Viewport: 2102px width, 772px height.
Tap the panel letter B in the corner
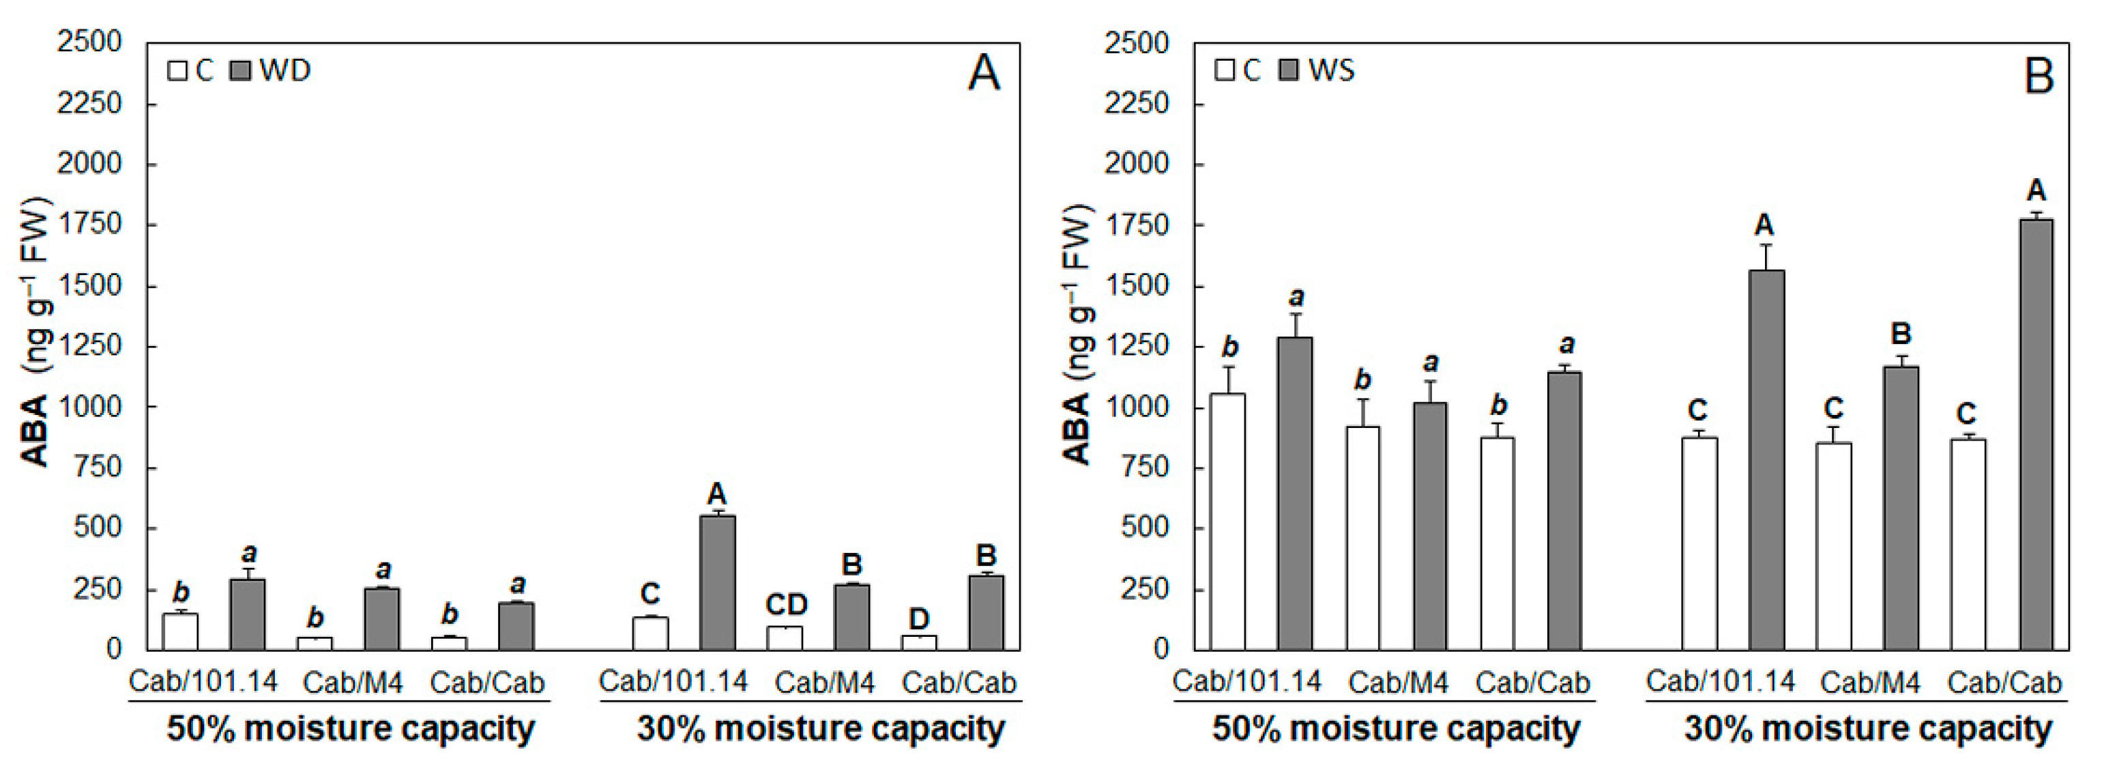tap(2039, 76)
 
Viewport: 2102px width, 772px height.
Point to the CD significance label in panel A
tap(786, 605)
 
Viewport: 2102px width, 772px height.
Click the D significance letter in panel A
tap(919, 618)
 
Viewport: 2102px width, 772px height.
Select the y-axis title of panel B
tap(1078, 334)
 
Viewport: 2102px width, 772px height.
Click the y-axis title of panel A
tap(35, 334)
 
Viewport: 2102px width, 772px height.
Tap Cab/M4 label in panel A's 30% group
tap(824, 682)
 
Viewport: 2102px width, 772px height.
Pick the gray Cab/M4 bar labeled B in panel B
tap(1901, 508)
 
